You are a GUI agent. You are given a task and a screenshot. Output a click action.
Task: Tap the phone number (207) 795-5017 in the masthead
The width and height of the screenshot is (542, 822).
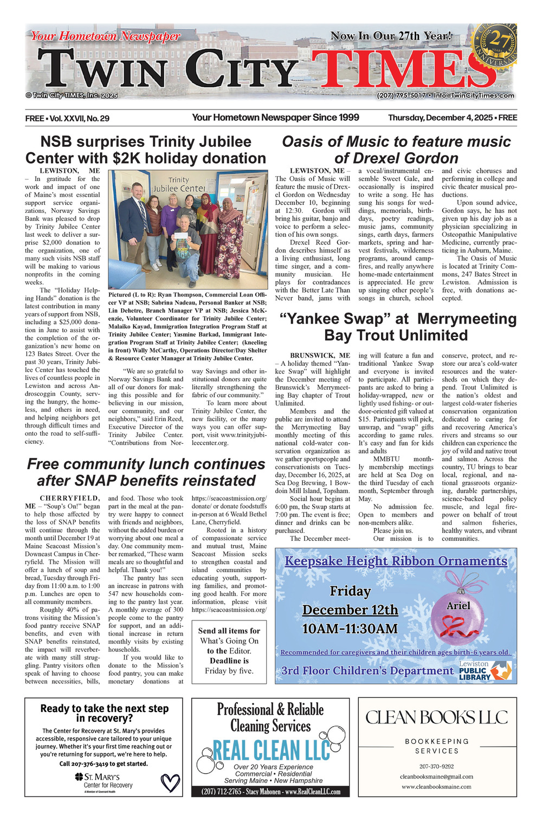coord(401,95)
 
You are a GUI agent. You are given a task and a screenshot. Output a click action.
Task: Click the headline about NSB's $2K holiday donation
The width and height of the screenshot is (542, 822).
coord(146,150)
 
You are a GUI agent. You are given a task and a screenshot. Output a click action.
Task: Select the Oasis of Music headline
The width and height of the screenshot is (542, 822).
coord(396,150)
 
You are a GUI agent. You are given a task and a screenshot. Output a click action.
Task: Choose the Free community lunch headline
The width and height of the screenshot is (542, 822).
coord(146,472)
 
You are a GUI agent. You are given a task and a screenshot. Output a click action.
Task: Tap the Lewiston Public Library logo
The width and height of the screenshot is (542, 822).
coord(485,671)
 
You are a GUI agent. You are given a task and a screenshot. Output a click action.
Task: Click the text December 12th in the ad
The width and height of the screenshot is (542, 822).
coord(350,610)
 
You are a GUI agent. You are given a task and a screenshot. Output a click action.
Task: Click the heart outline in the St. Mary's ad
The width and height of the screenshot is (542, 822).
coord(170,782)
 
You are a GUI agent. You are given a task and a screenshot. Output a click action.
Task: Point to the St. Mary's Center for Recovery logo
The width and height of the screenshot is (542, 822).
coord(104,781)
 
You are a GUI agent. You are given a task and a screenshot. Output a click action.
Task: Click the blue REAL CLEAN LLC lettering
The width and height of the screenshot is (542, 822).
coord(270,750)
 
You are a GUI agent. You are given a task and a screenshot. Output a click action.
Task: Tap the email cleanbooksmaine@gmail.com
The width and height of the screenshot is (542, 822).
coord(436,776)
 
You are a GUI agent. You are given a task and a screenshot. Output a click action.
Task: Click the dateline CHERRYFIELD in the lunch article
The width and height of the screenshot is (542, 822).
coord(70,498)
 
